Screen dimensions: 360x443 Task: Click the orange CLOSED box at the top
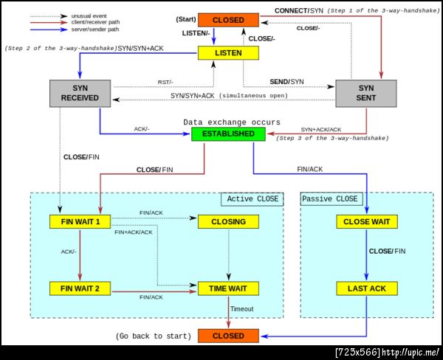tap(227, 19)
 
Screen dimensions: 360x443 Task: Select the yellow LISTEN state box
tap(227, 53)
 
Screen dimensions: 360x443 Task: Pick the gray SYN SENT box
tap(366, 92)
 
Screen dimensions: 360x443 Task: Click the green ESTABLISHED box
tap(227, 134)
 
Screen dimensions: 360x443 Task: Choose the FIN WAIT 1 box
tap(80, 221)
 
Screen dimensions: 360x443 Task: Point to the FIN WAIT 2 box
tap(80, 288)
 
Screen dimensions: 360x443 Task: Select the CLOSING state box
tap(227, 221)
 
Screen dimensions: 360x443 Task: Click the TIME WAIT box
tap(227, 288)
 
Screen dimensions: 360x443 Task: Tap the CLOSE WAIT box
tap(367, 221)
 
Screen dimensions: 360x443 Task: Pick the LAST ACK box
tap(367, 288)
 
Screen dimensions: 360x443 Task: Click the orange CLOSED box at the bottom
tap(227, 336)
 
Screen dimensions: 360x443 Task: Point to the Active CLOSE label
tap(253, 199)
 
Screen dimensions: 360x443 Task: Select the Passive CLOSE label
tap(330, 199)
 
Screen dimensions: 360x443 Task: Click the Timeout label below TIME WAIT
tap(242, 309)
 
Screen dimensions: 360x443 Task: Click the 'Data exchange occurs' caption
tap(232, 122)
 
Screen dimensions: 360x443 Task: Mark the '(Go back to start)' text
tap(154, 336)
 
